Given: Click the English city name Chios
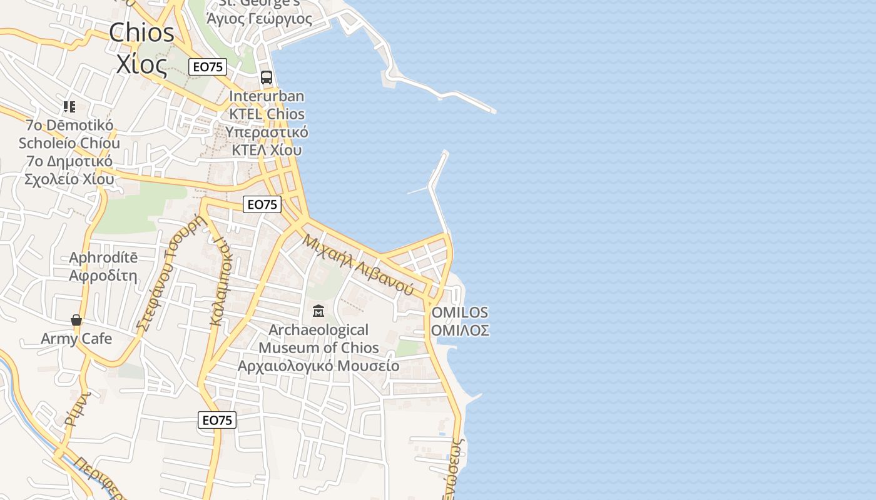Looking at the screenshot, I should pos(142,32).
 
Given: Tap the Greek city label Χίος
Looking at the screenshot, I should pos(142,63).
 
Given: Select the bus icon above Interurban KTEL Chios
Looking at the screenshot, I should pos(267,77).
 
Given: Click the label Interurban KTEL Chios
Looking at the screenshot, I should pos(267,105).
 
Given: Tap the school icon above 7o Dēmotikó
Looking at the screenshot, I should pos(69,107).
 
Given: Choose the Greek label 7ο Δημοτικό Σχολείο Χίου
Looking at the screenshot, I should pos(69,170).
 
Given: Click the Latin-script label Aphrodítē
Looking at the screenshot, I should pos(103,257).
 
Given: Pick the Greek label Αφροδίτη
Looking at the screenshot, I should pos(103,276).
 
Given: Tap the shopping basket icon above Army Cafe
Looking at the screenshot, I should pos(76,321).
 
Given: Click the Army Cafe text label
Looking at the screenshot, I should pos(76,339).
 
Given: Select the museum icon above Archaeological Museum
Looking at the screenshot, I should pos(318,311).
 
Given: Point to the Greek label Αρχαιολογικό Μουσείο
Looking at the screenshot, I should pos(318,366).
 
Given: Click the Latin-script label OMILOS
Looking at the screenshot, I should pos(460,312).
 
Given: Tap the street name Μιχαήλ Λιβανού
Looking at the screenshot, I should pos(359,264).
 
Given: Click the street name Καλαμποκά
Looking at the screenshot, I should pos(220,281).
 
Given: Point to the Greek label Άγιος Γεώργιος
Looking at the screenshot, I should pos(259,19).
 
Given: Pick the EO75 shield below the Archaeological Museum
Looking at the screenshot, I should pos(217,420).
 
